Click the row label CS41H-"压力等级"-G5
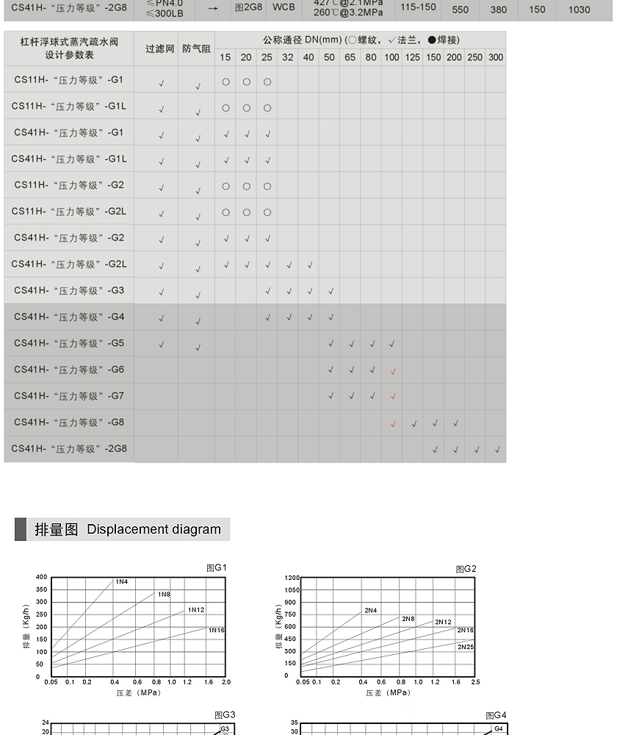click(69, 343)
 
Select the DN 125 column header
click(413, 57)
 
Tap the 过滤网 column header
click(159, 49)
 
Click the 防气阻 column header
click(196, 49)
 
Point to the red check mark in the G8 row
click(393, 423)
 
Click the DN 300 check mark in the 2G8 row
click(497, 450)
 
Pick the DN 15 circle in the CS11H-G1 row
click(225, 82)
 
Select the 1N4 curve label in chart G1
click(122, 582)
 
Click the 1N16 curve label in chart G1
click(216, 630)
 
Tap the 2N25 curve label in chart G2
click(466, 647)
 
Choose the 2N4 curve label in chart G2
click(370, 610)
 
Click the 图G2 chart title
click(466, 569)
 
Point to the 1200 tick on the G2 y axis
click(292, 578)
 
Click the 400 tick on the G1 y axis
click(42, 577)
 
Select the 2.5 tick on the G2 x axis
click(475, 682)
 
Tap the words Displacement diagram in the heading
click(154, 529)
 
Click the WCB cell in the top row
click(284, 7)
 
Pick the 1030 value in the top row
click(579, 10)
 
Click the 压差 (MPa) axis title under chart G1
click(138, 692)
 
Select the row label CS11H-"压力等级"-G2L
click(69, 212)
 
